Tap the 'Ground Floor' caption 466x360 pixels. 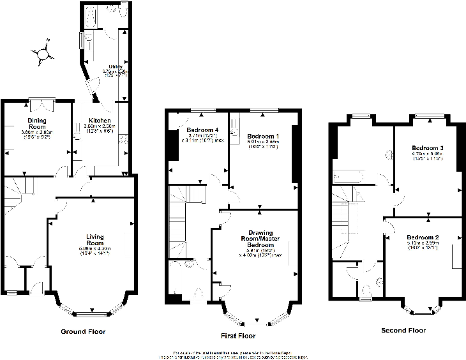pos(83,331)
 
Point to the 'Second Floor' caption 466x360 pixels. pos(403,330)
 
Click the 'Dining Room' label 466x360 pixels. pos(37,123)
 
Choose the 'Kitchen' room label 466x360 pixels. pos(100,121)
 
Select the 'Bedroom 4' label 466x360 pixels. pos(202,130)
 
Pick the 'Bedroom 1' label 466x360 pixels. pos(263,137)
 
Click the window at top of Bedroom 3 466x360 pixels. pos(429,116)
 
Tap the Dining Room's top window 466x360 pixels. pos(40,99)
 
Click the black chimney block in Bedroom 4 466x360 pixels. pos(173,146)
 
